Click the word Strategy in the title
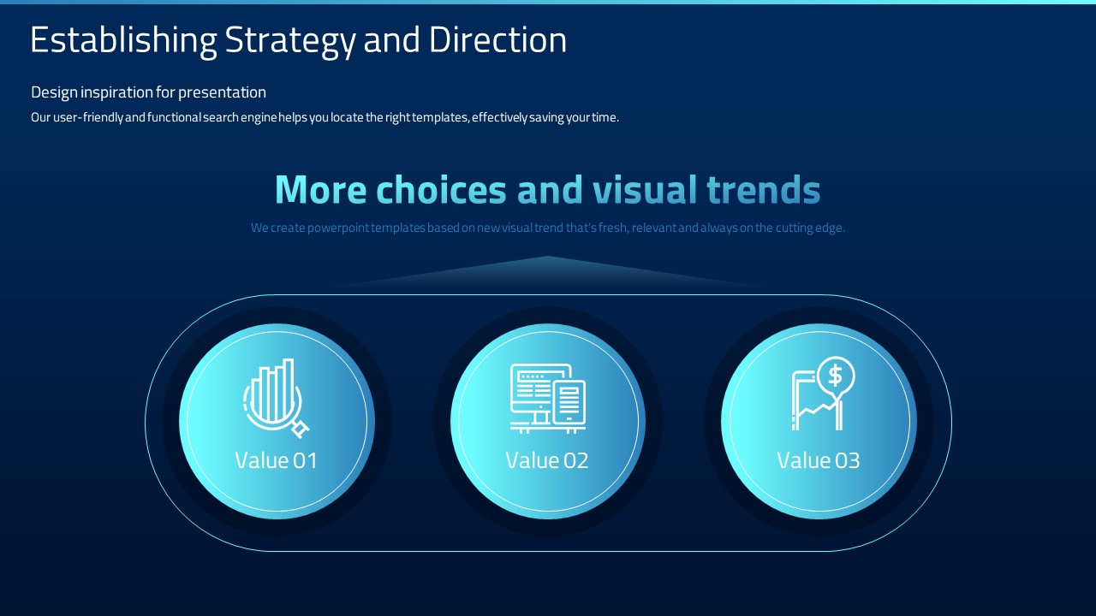tap(290, 41)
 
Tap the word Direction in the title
tap(497, 39)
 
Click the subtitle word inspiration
tap(116, 93)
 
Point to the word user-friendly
tap(88, 118)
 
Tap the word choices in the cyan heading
tap(441, 190)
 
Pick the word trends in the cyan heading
tap(763, 190)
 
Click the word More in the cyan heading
tap(320, 190)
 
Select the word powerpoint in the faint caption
tap(338, 228)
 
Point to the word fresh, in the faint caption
tap(613, 228)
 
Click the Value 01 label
tap(276, 460)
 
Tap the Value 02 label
tap(546, 460)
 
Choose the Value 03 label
tap(818, 460)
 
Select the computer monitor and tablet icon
tap(547, 399)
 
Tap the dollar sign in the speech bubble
tap(835, 376)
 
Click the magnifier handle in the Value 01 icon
tap(301, 429)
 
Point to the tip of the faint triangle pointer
tap(548, 256)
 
